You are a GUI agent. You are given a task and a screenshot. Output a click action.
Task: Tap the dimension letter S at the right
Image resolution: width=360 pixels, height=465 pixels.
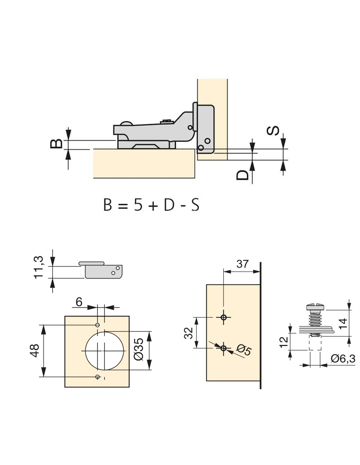click(273, 130)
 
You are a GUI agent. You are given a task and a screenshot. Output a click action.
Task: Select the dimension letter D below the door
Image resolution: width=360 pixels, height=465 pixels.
click(242, 175)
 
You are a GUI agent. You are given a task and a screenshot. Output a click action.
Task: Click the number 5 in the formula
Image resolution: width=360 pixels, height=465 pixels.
click(138, 205)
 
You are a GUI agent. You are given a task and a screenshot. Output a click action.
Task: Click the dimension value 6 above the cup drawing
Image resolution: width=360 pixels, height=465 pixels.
click(79, 302)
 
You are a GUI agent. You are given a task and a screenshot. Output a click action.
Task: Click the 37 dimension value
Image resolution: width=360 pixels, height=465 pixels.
click(242, 264)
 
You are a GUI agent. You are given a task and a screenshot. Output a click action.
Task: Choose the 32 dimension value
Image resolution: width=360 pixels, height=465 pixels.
click(189, 333)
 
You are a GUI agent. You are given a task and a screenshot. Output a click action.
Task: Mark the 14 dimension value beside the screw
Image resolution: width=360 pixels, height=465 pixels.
click(343, 324)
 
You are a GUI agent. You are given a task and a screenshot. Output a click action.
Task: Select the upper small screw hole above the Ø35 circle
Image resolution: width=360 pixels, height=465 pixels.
click(98, 325)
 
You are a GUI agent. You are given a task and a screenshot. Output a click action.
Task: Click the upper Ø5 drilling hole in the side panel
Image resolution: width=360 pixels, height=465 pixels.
click(224, 317)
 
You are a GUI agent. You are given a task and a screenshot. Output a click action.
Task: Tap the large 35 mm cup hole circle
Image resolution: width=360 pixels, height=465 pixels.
click(85, 351)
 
